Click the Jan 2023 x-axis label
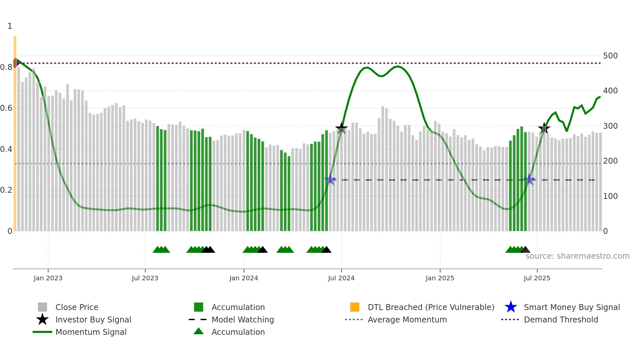48,278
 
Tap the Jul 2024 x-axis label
341,278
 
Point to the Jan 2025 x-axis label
440,278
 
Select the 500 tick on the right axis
610,56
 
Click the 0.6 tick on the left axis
6,108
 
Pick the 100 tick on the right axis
610,196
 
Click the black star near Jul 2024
342,128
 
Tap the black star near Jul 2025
544,128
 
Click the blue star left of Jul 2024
330,179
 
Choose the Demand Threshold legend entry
561,319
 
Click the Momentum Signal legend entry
91,332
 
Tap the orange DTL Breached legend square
355,307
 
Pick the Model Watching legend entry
242,319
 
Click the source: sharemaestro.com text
577,256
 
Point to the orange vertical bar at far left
15,131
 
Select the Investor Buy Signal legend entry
93,319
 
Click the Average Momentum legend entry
407,319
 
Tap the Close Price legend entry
76,307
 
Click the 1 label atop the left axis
10,26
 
